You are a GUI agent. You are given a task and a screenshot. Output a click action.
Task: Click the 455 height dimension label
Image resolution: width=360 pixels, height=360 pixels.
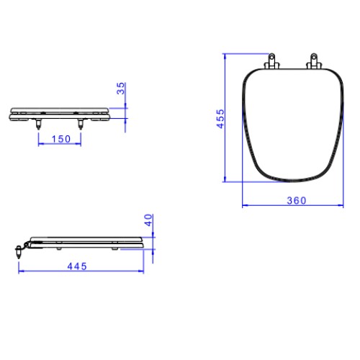coord(220,119)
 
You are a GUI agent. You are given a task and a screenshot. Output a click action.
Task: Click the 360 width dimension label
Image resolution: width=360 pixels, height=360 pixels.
coord(297,201)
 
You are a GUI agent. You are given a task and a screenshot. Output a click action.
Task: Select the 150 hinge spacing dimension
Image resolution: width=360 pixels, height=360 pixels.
coord(61,139)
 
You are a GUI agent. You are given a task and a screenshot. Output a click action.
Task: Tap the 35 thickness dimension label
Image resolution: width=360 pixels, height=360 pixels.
coord(121,89)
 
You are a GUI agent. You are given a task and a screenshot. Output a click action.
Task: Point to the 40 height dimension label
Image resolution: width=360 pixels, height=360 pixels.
coord(148,220)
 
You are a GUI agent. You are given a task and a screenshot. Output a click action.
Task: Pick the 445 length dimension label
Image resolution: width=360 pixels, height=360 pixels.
coord(77,266)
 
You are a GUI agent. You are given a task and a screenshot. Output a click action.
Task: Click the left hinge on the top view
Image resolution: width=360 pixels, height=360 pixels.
coord(271,61)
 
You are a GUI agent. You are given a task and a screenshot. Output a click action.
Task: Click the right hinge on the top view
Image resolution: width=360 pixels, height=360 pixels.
coord(314,61)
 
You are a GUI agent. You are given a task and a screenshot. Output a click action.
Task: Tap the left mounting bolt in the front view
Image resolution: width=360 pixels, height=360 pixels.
coord(38,124)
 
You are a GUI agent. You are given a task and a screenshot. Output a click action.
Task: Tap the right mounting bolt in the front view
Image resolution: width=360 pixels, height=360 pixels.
coord(81,124)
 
